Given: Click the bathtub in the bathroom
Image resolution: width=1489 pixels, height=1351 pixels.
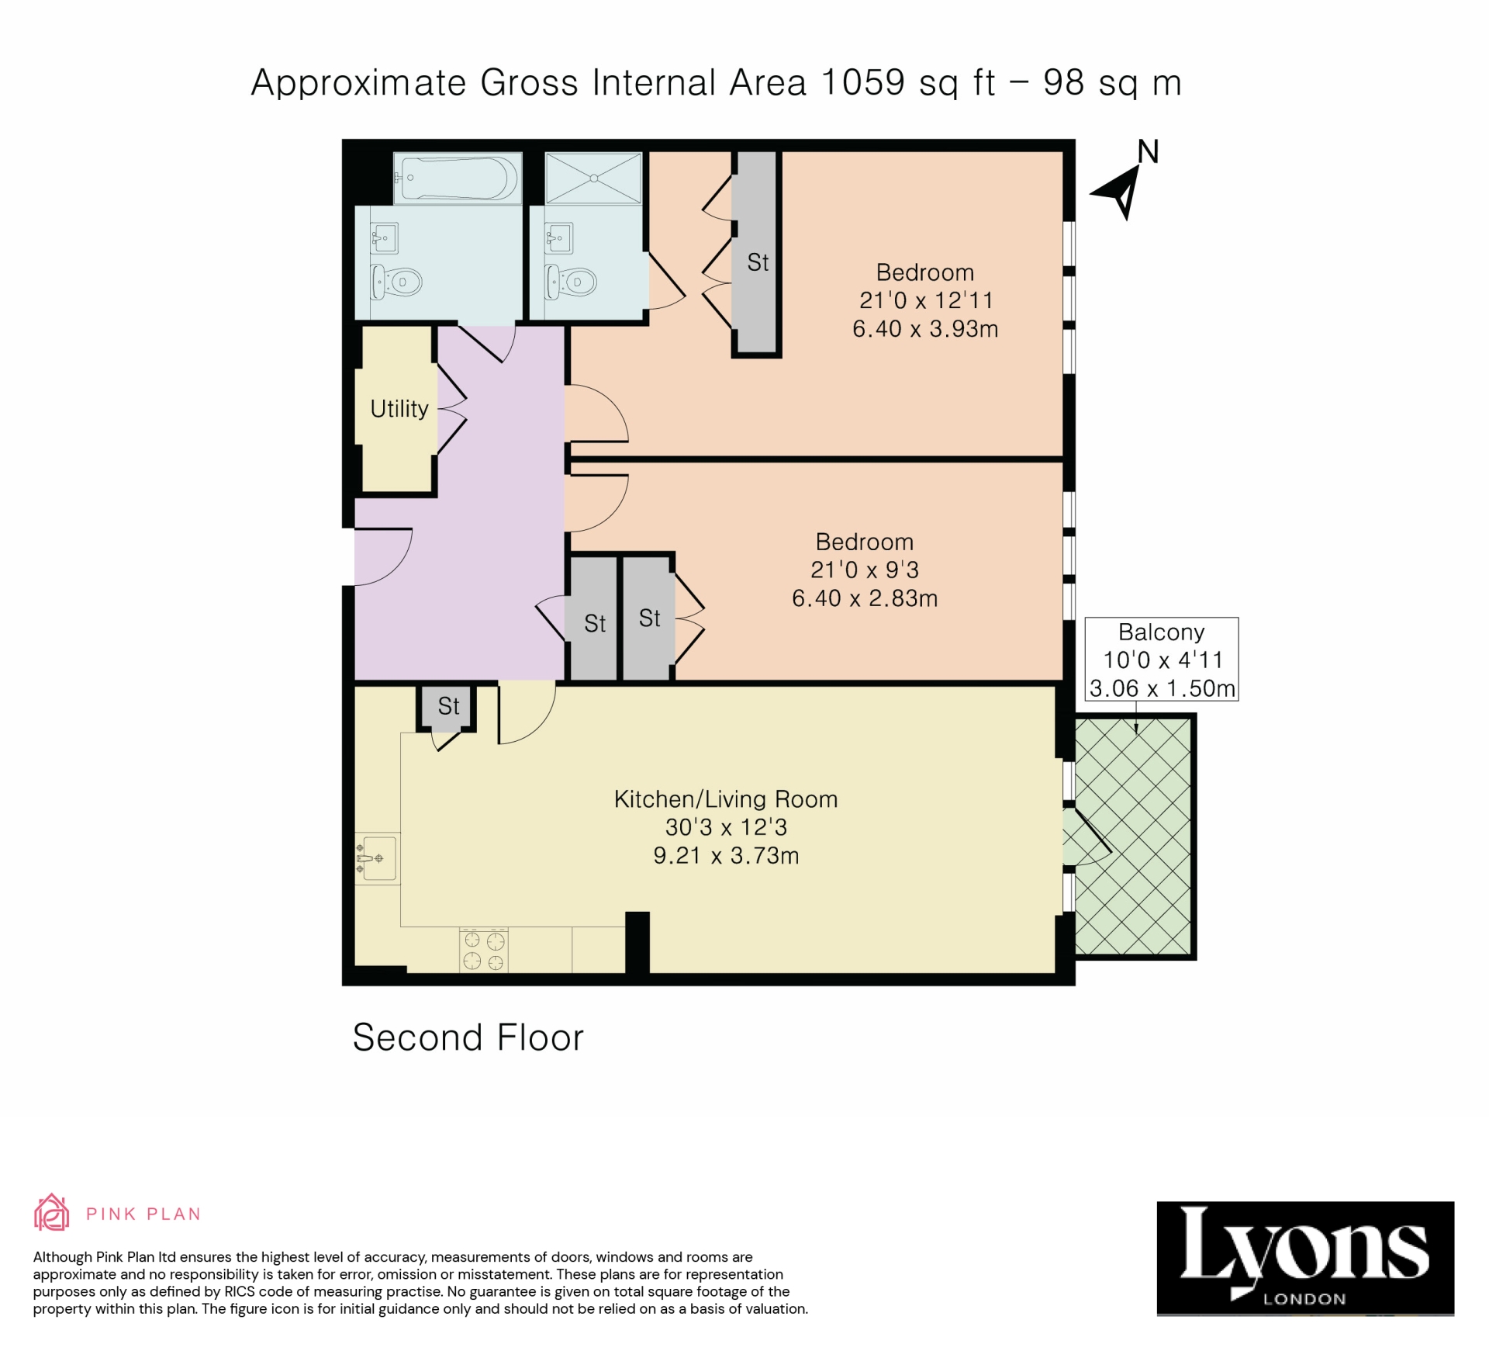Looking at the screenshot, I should (458, 178).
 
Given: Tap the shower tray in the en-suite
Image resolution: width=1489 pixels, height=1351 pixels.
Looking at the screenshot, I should (593, 178).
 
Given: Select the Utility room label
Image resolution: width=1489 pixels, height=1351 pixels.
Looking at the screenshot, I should (399, 409).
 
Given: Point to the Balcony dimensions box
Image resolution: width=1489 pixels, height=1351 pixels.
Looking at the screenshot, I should (1161, 660).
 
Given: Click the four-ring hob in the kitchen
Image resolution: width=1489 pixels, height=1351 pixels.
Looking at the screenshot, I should (484, 951).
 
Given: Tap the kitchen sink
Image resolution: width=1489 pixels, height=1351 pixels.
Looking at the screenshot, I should (378, 858).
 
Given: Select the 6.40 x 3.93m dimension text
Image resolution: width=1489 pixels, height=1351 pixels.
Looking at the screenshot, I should (925, 329).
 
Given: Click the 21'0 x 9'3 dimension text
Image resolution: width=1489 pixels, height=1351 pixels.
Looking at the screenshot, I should (865, 570).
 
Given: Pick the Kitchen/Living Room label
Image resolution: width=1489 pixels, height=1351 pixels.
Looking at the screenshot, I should (726, 799).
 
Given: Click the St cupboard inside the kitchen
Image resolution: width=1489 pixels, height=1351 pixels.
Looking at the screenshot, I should (448, 706).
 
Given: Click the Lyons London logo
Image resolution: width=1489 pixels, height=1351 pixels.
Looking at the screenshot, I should (1305, 1258).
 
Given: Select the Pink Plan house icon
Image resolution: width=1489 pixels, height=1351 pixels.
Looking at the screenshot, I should (51, 1213).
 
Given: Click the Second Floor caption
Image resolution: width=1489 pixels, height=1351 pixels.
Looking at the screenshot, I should (468, 1038).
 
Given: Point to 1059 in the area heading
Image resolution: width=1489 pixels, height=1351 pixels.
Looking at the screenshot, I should (862, 82).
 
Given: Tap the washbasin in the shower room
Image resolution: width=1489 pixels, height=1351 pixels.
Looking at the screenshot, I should (559, 237).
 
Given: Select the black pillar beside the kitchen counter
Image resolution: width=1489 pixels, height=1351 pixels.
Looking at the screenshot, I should (637, 941).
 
